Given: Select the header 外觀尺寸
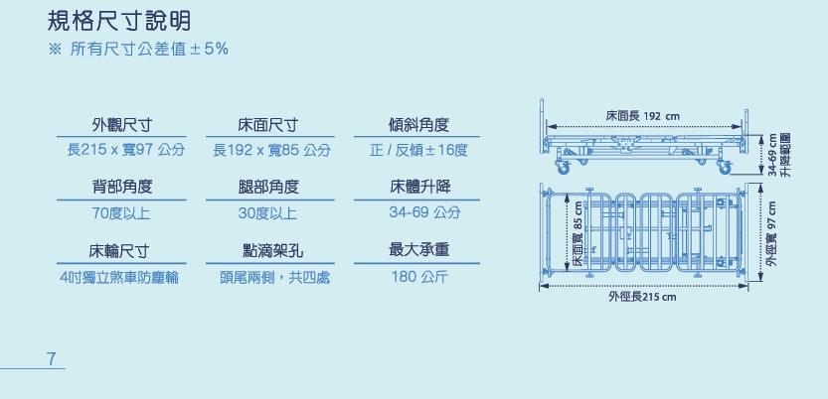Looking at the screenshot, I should tap(124, 125).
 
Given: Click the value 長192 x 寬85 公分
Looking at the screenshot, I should tap(271, 150).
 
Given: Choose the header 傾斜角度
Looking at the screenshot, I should tap(418, 125).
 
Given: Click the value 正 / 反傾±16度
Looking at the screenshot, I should tap(418, 150).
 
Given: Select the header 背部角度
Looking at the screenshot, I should tap(124, 187).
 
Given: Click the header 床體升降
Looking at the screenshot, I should tap(418, 187).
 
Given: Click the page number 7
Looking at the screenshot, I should tap(51, 357).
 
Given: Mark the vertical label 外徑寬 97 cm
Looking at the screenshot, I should tap(771, 234).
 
